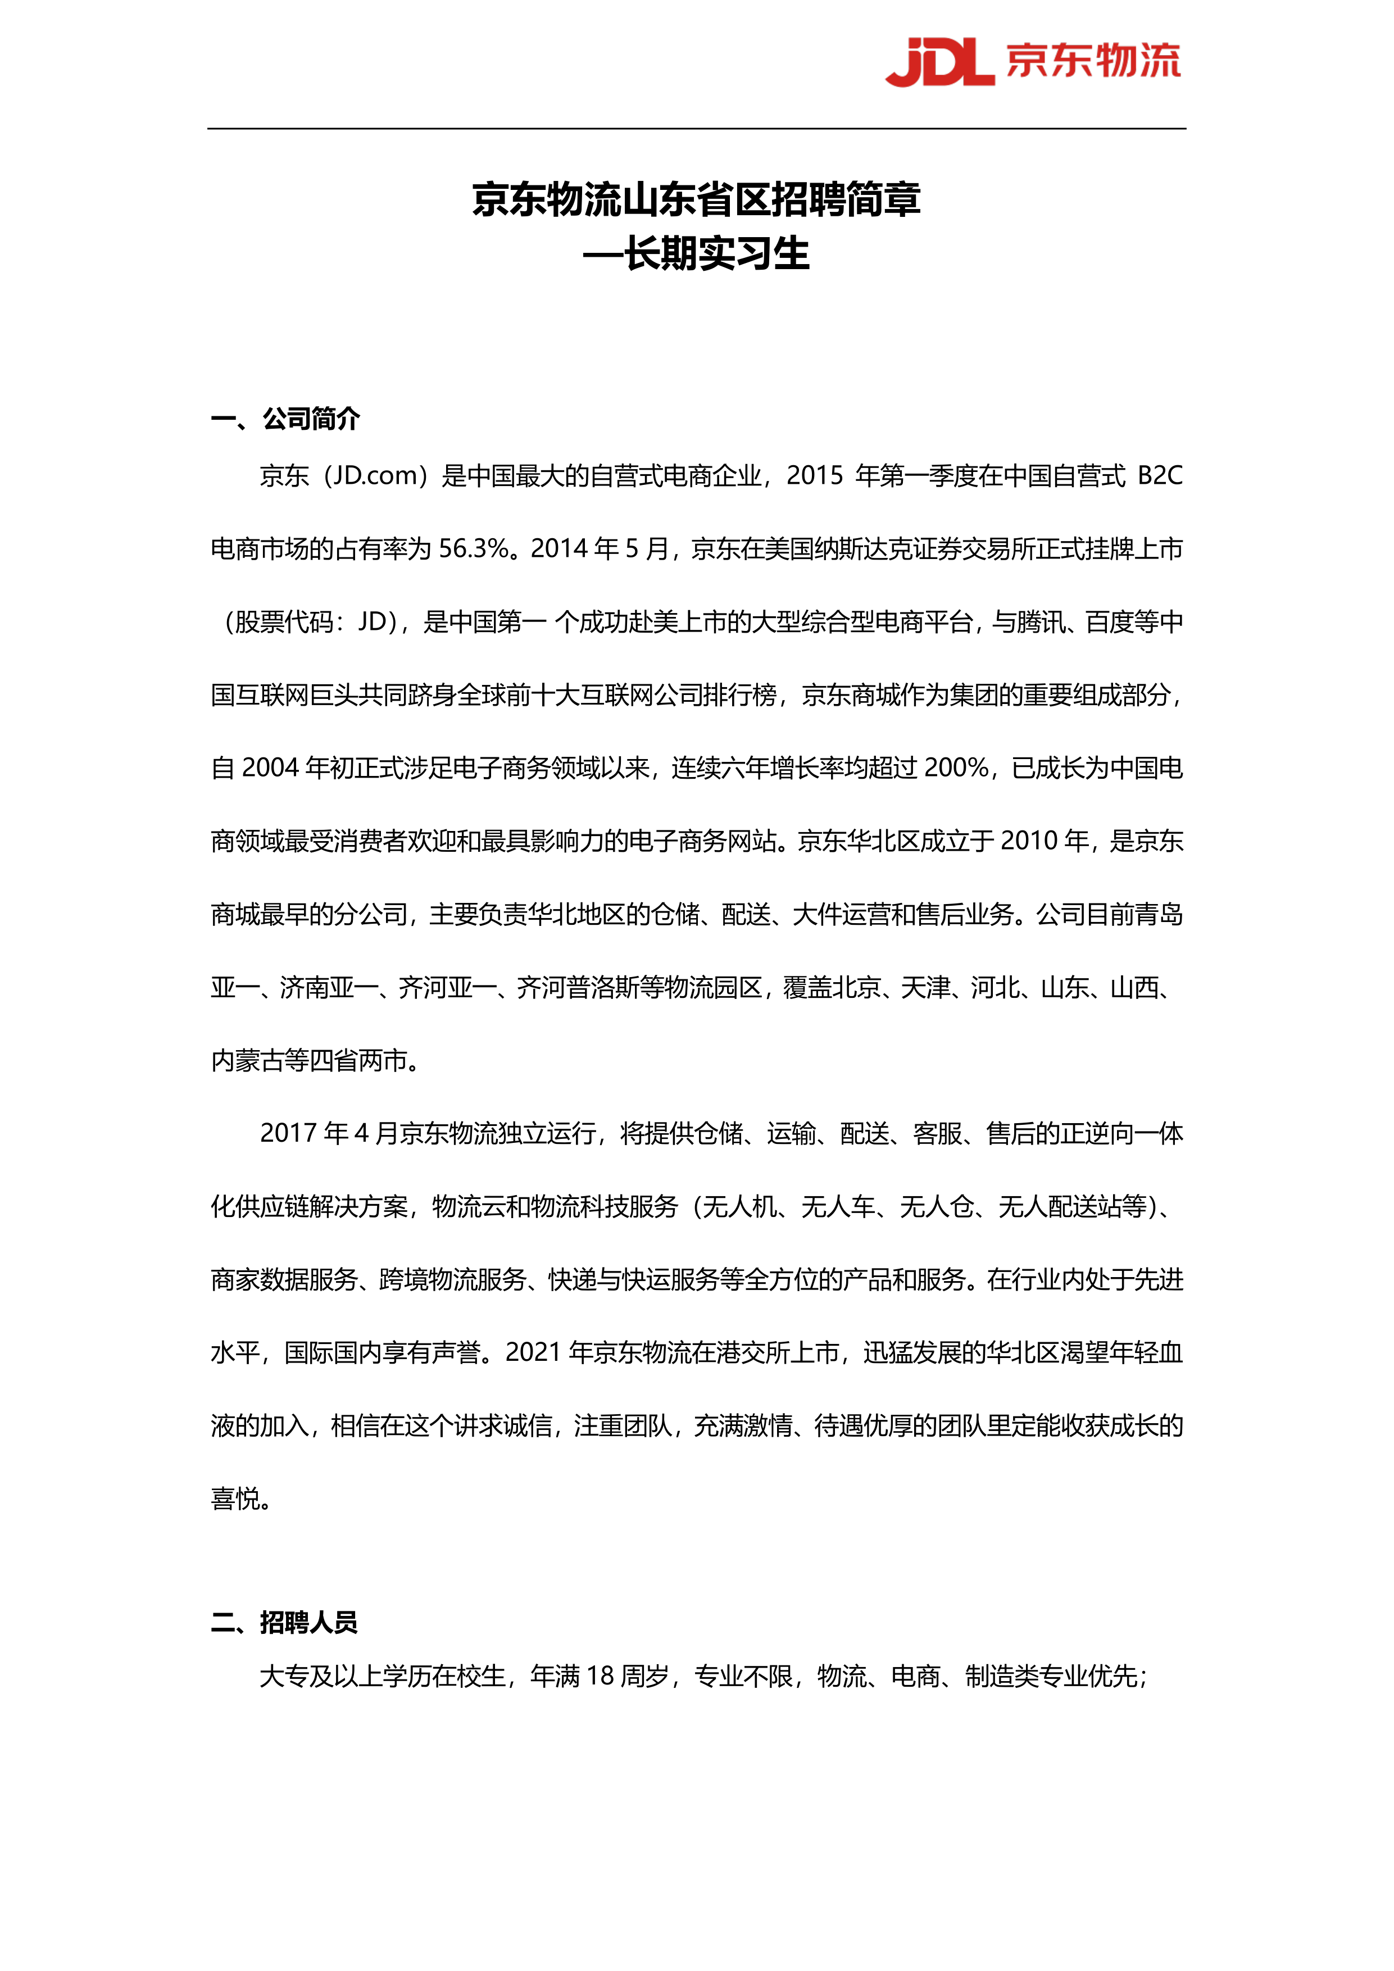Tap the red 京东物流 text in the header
pos(1093,61)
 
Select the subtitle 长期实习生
pos(717,254)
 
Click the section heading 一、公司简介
pos(286,419)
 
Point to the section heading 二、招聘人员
pos(284,1623)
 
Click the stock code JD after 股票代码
pos(373,621)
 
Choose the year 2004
pos(270,767)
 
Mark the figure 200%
pos(956,767)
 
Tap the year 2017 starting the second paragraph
pos(288,1133)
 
